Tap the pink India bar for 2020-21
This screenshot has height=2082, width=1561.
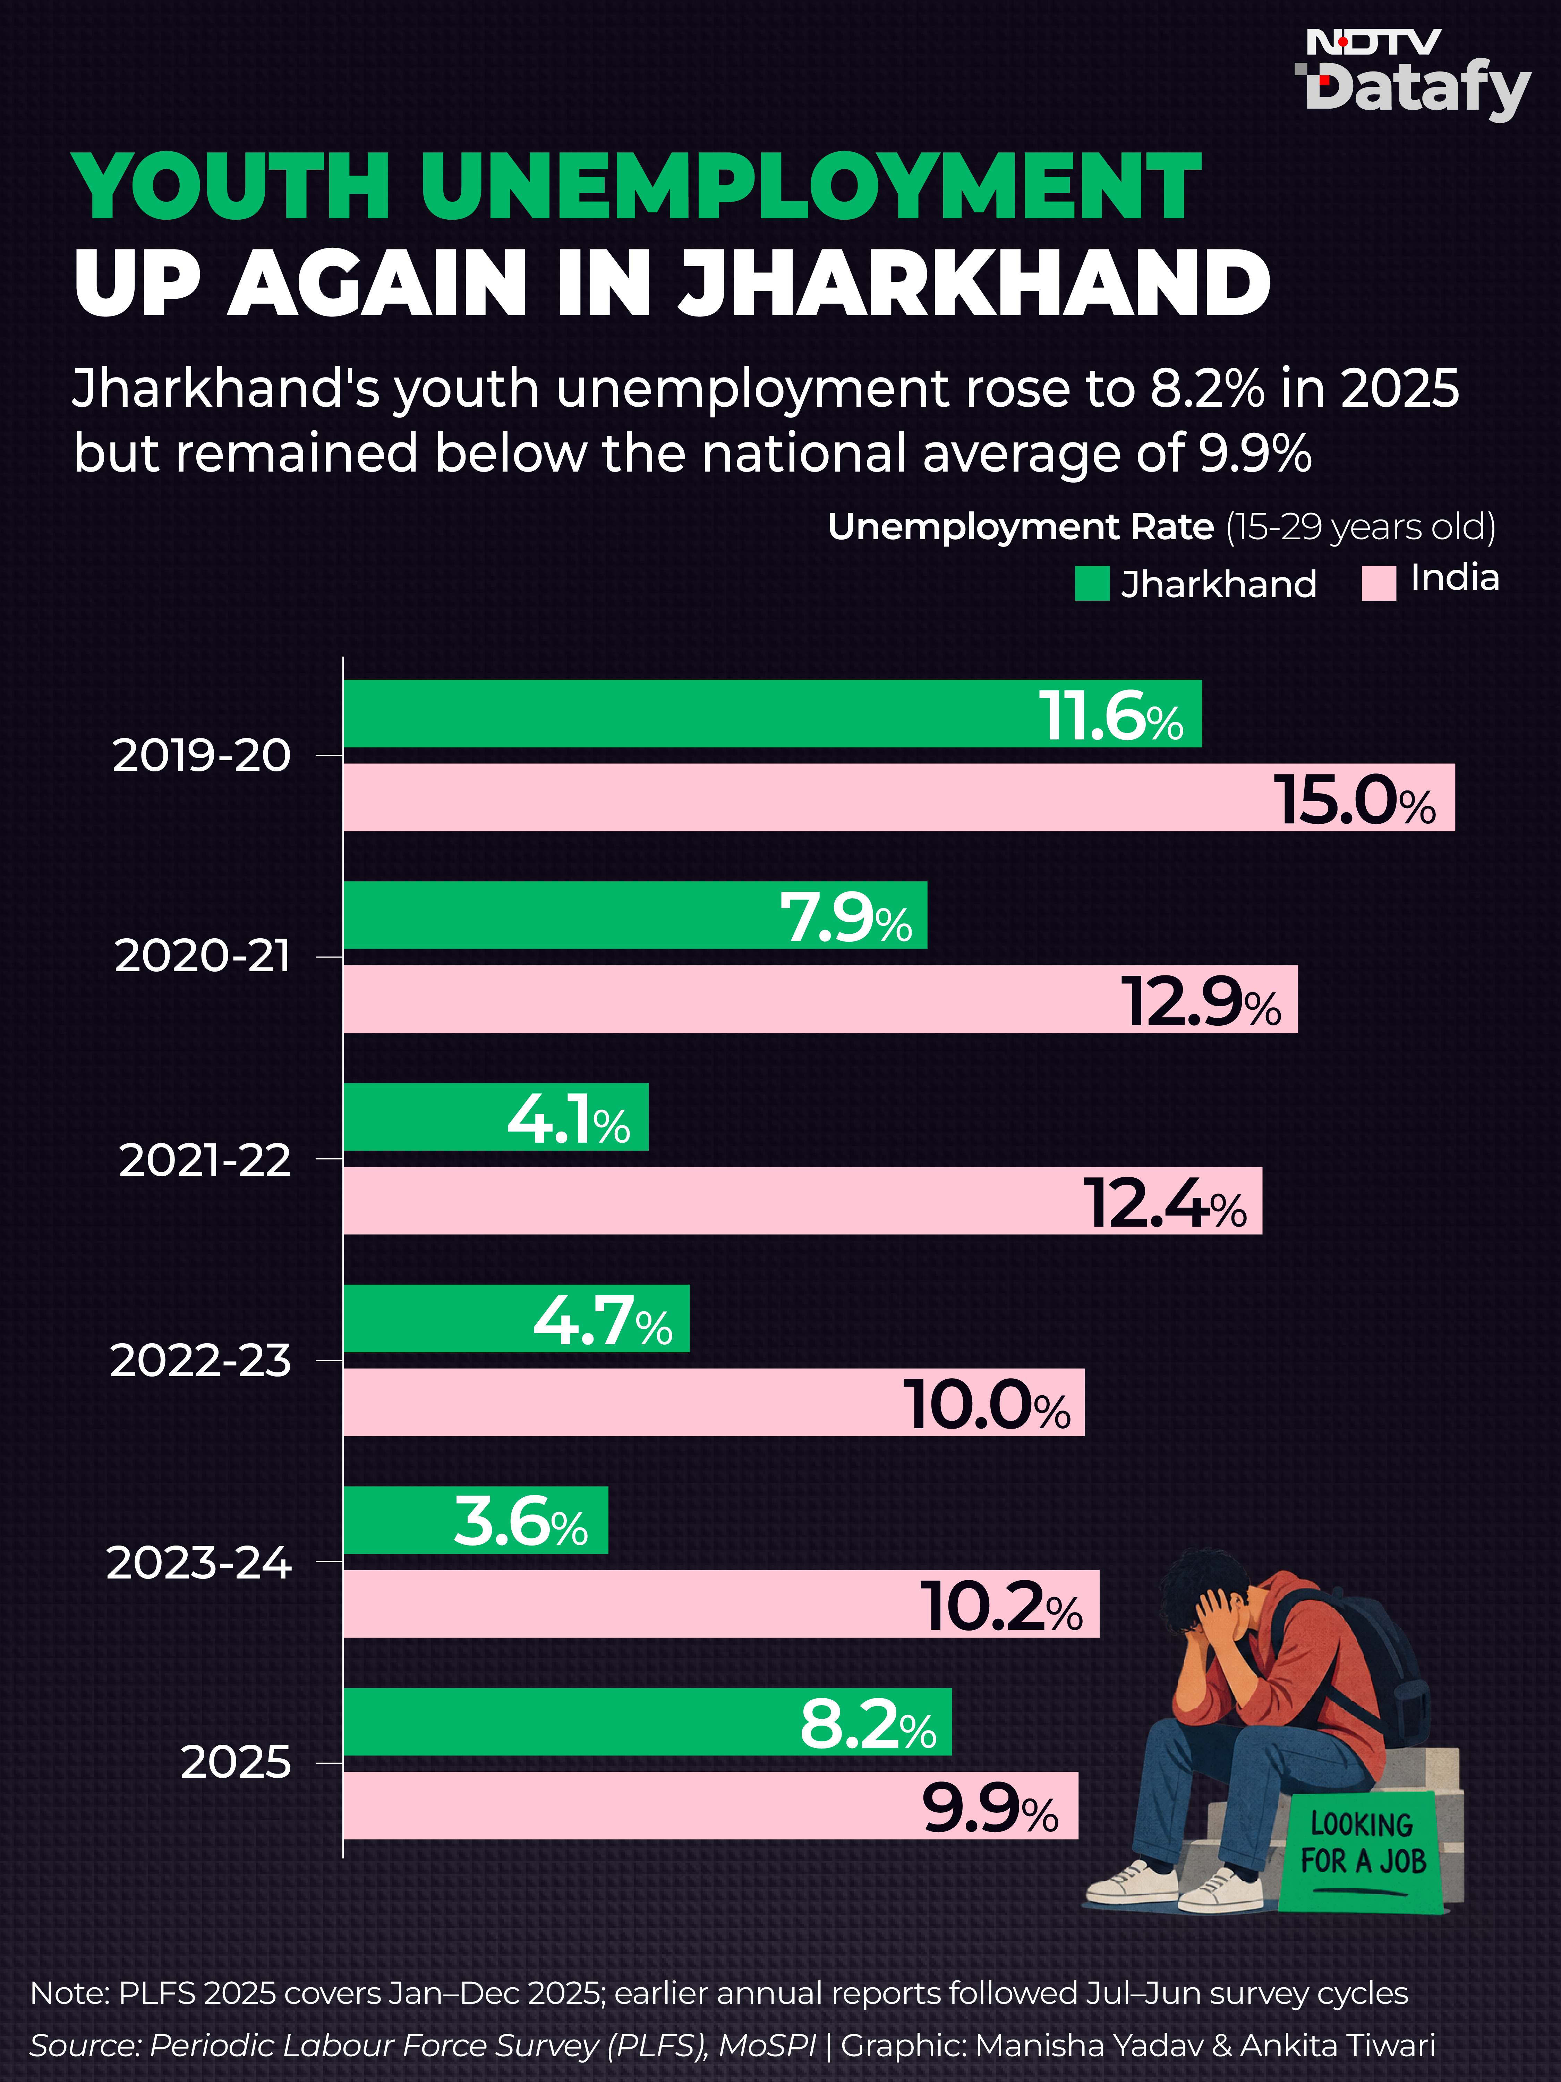point(820,999)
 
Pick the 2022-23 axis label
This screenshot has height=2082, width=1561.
point(201,1360)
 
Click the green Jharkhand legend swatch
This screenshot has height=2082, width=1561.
point(1092,584)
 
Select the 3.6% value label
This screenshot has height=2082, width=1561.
point(520,1523)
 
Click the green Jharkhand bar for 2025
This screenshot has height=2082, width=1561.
point(647,1721)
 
